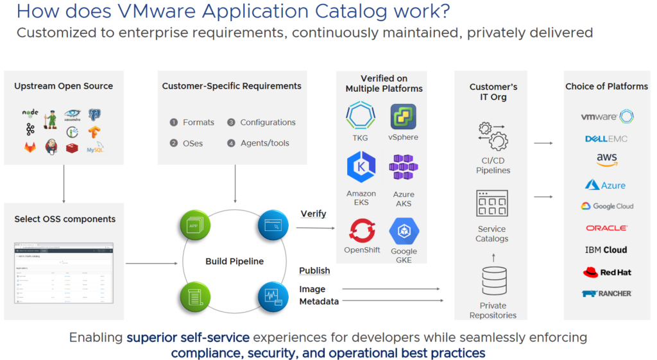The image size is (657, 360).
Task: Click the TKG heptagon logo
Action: [361, 116]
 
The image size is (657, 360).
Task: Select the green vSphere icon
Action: [403, 116]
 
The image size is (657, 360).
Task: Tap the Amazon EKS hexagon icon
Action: [361, 167]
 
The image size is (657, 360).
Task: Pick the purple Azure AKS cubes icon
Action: [404, 167]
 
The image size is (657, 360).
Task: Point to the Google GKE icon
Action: [404, 231]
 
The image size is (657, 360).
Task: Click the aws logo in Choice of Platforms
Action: [606, 160]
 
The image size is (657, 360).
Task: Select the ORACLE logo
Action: [606, 228]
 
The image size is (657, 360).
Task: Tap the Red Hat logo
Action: [606, 272]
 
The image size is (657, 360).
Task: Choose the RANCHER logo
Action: [606, 293]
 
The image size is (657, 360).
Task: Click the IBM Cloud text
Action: [606, 250]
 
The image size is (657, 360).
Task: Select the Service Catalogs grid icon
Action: [493, 203]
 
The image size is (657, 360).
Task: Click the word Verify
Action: [313, 214]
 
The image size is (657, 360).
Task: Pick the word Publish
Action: [314, 270]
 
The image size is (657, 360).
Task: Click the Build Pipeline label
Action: [234, 261]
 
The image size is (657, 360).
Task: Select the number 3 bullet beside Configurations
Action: [231, 123]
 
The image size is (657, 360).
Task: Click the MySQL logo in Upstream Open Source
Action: [96, 148]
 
